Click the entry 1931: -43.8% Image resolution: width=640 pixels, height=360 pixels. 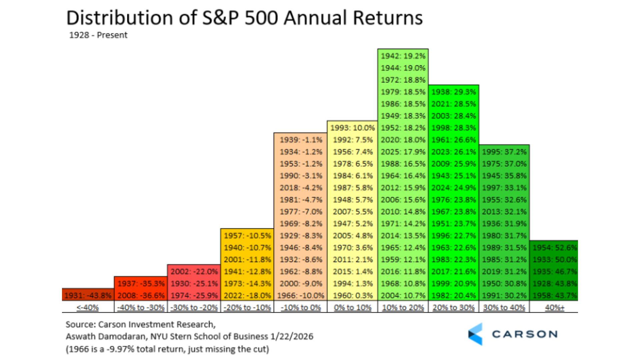(x=88, y=295)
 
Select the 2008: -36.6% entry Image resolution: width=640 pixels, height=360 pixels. (x=141, y=295)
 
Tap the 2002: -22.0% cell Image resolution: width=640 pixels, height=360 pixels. (x=194, y=271)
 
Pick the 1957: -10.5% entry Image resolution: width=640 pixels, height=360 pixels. (x=247, y=236)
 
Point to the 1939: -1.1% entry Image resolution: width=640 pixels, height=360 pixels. (x=301, y=140)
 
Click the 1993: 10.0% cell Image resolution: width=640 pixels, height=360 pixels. (x=353, y=128)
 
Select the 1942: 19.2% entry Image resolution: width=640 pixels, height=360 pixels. (x=403, y=56)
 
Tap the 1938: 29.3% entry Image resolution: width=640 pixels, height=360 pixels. (x=454, y=92)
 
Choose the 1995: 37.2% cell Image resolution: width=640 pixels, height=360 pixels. (x=504, y=152)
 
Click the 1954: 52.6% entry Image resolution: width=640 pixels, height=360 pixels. (x=554, y=247)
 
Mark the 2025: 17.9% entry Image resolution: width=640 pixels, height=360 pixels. (x=403, y=152)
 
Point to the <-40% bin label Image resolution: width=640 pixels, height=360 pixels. (x=88, y=307)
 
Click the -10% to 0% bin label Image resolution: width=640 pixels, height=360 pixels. (x=301, y=307)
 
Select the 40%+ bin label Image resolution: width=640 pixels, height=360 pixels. (x=554, y=307)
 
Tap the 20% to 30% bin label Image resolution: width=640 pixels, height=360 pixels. (x=453, y=307)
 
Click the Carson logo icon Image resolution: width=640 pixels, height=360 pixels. (x=475, y=334)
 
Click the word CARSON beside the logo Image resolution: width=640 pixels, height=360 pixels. (x=525, y=334)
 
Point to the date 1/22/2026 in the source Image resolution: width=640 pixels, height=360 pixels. (x=292, y=336)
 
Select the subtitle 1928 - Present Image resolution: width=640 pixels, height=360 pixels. (x=98, y=35)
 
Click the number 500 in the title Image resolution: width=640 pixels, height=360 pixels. (x=261, y=18)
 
